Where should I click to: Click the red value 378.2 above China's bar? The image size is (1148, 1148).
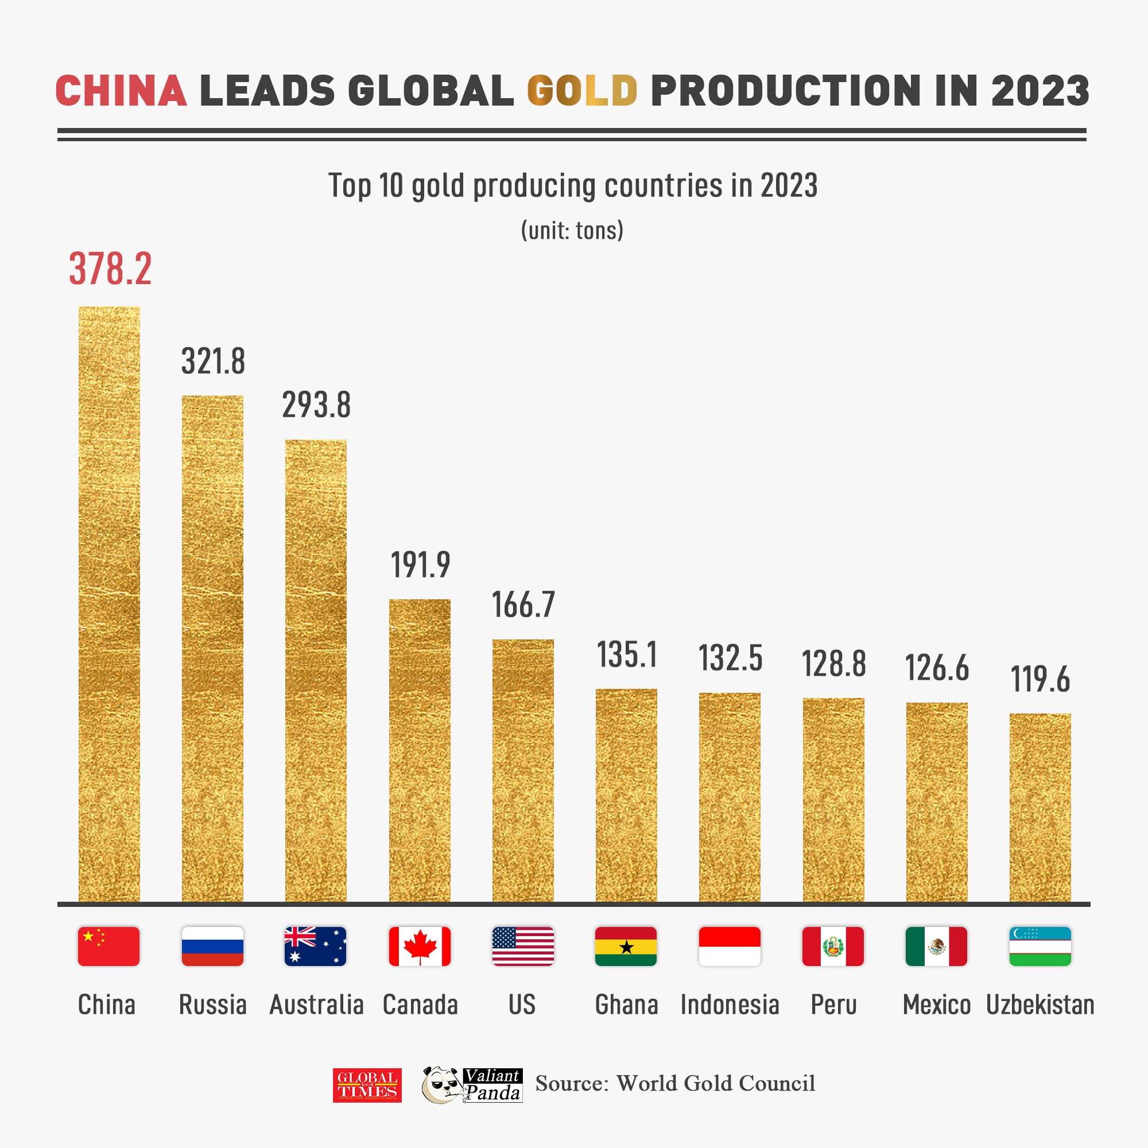(111, 269)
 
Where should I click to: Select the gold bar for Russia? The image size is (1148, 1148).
(212, 647)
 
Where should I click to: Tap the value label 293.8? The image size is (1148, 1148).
(316, 405)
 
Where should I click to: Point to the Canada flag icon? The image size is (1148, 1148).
(420, 946)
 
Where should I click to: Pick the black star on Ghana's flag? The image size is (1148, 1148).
(626, 947)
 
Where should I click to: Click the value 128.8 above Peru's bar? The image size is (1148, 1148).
(833, 664)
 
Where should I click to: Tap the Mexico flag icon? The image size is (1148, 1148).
(936, 946)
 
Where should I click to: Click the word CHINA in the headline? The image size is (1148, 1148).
(121, 91)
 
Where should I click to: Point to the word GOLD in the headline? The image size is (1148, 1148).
(581, 91)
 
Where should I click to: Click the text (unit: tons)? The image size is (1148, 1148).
(572, 231)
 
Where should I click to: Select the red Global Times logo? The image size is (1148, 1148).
(367, 1085)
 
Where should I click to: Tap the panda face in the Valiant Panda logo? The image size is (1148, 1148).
(441, 1085)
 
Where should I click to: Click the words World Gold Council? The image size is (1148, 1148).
(715, 1083)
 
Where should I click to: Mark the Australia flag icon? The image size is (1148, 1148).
(315, 946)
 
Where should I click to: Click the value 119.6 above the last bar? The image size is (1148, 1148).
(1040, 679)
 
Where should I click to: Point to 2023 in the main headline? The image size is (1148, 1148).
(1040, 91)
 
